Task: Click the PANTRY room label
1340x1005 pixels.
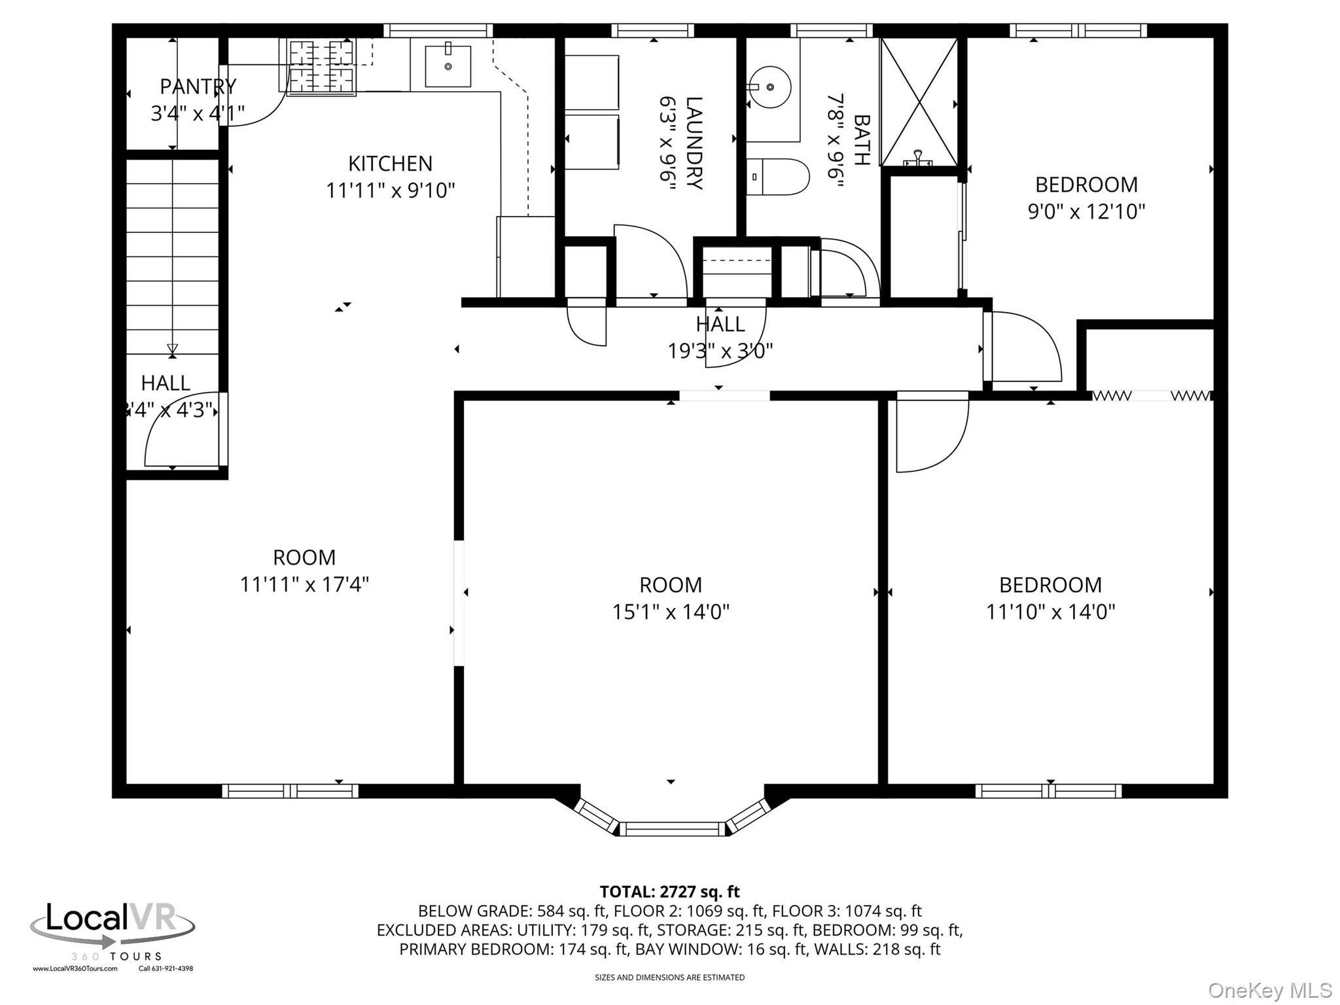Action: (x=198, y=86)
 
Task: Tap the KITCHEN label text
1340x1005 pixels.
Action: (x=390, y=163)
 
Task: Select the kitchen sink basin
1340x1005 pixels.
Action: (x=448, y=65)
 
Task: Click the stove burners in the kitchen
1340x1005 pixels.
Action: (x=321, y=66)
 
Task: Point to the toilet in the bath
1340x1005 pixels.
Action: (x=777, y=177)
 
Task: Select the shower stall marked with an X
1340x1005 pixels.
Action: (x=919, y=102)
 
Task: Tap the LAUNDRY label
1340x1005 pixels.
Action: (x=694, y=143)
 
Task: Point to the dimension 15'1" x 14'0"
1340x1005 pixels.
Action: (x=671, y=612)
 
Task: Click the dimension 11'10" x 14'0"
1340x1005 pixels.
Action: (x=1050, y=612)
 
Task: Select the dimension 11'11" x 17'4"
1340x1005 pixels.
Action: (x=304, y=584)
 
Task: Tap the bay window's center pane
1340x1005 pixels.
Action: (x=672, y=829)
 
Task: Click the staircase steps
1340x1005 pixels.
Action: (x=172, y=255)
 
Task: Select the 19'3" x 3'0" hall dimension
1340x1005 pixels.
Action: (x=720, y=351)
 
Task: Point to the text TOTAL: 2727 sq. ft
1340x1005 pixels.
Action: (x=669, y=892)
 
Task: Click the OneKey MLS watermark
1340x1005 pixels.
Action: (x=1269, y=991)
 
